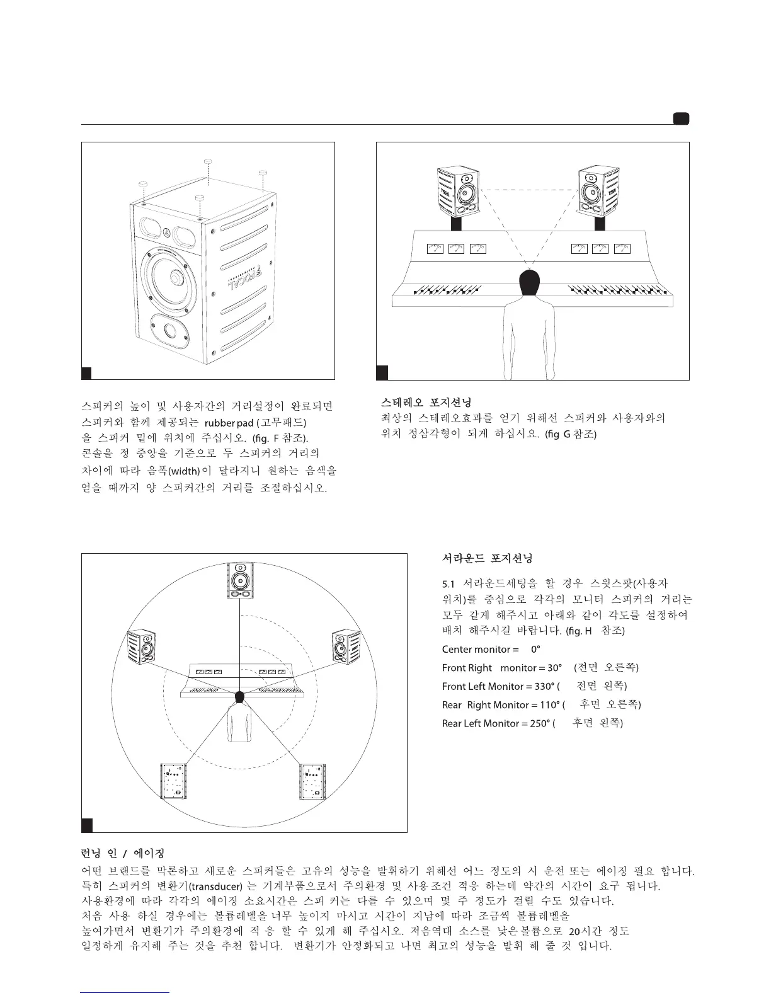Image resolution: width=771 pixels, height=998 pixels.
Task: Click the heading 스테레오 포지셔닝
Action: coord(426,401)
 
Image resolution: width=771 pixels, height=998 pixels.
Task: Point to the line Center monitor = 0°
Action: coord(491,649)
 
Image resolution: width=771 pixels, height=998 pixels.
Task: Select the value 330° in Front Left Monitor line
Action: coord(541,686)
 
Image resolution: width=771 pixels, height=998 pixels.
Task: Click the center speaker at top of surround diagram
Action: coord(239,580)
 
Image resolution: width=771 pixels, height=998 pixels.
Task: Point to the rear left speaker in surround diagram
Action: coord(173,781)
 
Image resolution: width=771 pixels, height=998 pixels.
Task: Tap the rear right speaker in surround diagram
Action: coord(312,781)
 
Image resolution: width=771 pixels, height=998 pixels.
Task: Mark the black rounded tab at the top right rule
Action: coord(680,118)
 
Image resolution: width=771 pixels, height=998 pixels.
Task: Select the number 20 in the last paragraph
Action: coord(573,931)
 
